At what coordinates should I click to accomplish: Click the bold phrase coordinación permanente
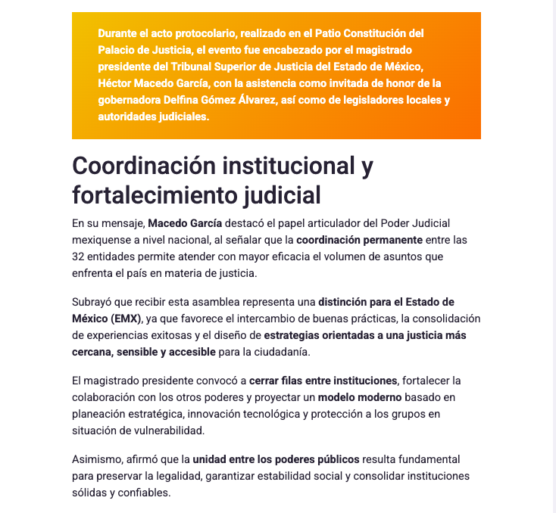click(x=359, y=240)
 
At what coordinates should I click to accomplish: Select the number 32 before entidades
click(x=79, y=256)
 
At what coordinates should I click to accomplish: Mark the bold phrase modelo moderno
click(x=359, y=396)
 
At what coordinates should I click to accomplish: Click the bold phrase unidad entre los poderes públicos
click(x=276, y=459)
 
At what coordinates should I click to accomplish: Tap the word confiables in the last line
click(x=145, y=493)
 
